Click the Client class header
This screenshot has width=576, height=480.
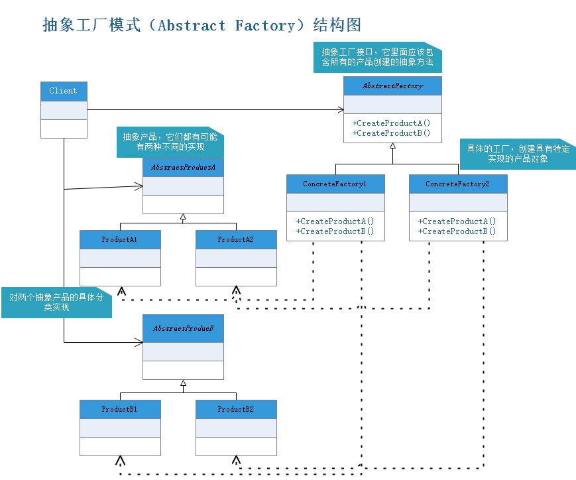pos(64,91)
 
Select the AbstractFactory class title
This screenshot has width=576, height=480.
pos(392,86)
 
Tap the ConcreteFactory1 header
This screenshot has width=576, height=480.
pos(335,184)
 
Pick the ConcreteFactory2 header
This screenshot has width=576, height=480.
pos(458,184)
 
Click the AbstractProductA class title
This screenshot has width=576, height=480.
pos(183,168)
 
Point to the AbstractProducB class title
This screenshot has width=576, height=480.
pos(183,329)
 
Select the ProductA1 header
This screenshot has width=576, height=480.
pos(120,239)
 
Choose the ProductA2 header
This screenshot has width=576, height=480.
pos(236,239)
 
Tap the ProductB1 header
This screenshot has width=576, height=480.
pos(120,409)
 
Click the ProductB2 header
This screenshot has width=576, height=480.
pos(236,409)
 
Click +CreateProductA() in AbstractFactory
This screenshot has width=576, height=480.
pos(392,123)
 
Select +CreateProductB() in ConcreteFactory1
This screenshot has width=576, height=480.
pos(335,231)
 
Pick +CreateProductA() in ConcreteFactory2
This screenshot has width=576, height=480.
pos(457,221)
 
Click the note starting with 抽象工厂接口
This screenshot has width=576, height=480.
pos(377,57)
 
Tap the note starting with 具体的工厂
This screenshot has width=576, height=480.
pos(518,154)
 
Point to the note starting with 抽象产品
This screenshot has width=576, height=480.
pos(170,141)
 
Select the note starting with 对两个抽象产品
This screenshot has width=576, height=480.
pos(56,302)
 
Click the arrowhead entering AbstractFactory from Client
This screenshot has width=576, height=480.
pos(341,109)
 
